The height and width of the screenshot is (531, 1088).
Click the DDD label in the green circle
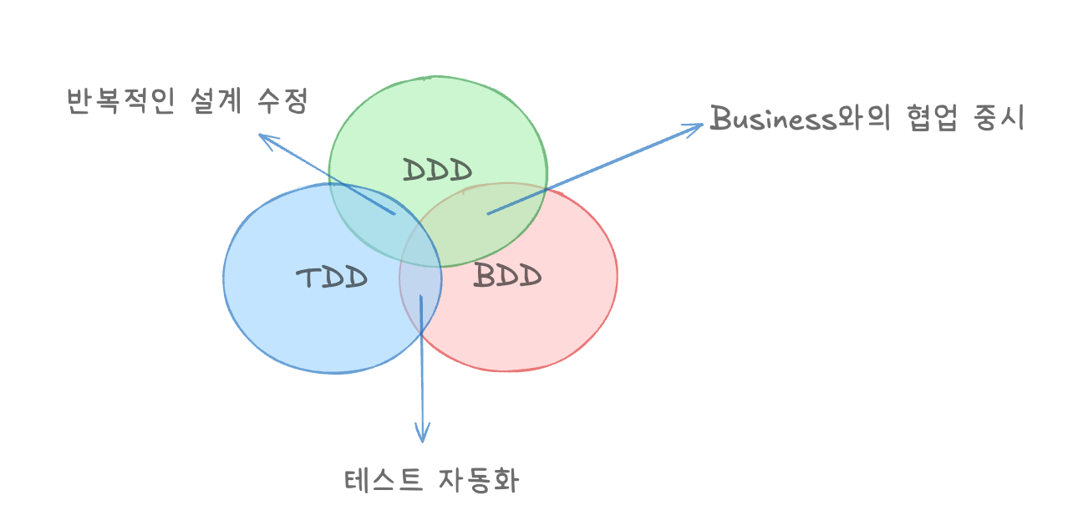click(x=437, y=170)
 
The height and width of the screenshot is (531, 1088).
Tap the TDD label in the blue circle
click(x=333, y=277)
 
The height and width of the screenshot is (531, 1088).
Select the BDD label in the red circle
click(x=507, y=275)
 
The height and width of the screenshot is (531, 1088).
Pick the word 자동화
click(x=478, y=481)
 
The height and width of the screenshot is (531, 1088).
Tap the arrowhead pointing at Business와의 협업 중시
click(x=697, y=127)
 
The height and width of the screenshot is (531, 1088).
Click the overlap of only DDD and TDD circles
click(x=368, y=209)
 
